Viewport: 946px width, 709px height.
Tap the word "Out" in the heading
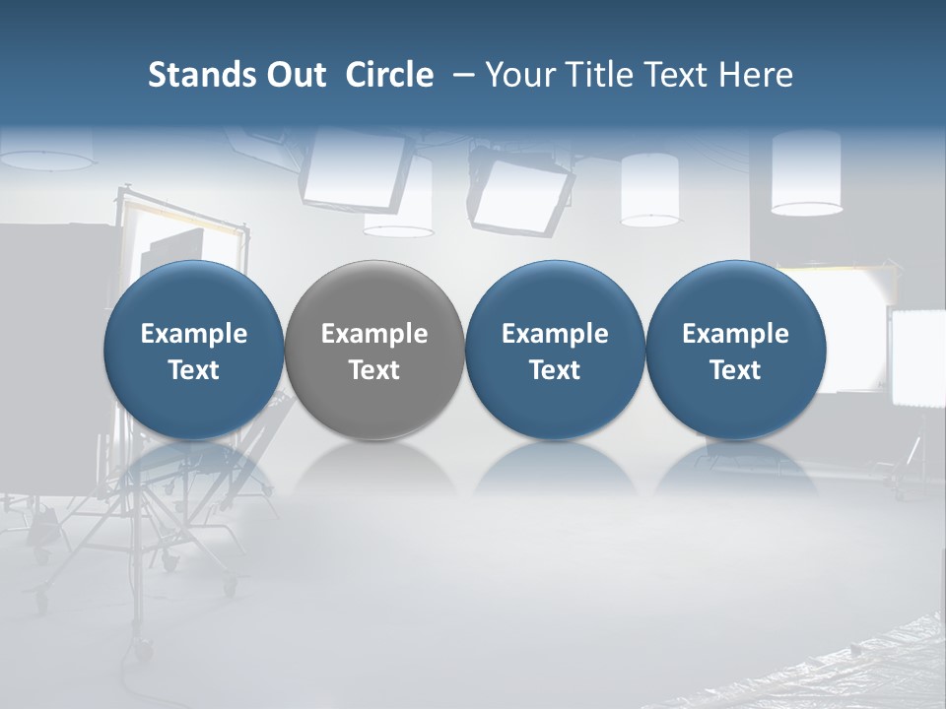[x=293, y=75]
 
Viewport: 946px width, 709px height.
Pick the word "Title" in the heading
[x=590, y=75]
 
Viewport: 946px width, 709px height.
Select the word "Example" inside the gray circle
[x=374, y=334]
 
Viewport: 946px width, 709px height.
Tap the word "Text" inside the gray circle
[x=374, y=370]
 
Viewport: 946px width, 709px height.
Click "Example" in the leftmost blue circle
[x=194, y=334]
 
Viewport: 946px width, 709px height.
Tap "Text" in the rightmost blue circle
[x=735, y=370]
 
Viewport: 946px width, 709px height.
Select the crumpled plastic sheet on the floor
[x=838, y=660]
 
